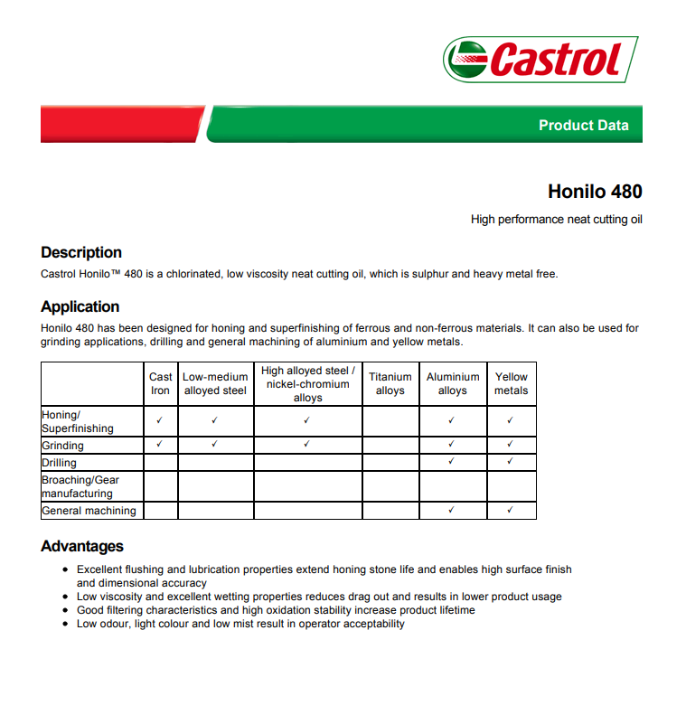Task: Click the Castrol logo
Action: [540, 59]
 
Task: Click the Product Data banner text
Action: [583, 126]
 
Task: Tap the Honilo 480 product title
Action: [595, 192]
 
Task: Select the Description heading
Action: [81, 252]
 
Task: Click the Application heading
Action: [80, 306]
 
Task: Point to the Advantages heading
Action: [82, 546]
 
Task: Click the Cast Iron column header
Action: [161, 383]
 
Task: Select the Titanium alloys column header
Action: [390, 383]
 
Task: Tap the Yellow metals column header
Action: [511, 383]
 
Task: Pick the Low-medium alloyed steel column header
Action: [215, 383]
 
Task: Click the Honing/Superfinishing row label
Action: [78, 421]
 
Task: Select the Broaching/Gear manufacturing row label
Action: [80, 486]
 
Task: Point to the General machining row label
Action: [89, 511]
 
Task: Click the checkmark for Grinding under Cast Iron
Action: [160, 445]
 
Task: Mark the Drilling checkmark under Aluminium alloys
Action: [452, 462]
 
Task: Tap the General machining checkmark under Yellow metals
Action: [511, 511]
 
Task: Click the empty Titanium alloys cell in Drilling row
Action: [390, 463]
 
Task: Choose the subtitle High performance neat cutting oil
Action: [556, 220]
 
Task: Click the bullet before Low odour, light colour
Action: [67, 624]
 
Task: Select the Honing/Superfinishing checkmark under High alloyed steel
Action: [307, 420]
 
